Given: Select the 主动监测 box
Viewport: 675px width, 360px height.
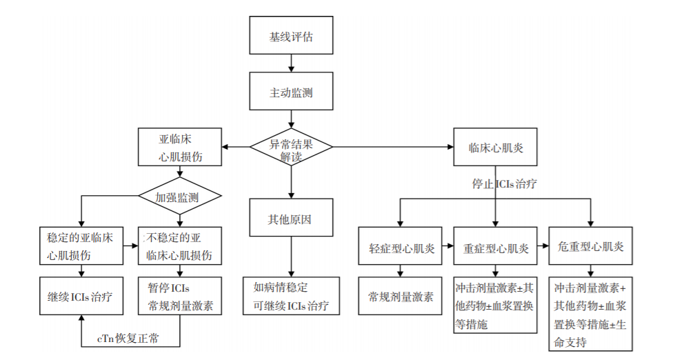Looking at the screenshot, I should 291,92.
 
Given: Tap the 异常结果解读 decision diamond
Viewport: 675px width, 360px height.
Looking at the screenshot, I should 291,146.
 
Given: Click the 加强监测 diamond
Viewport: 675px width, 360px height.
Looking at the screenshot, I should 179,197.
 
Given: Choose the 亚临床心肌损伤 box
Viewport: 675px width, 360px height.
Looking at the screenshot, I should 179,146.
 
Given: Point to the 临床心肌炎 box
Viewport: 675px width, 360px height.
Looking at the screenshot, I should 494,146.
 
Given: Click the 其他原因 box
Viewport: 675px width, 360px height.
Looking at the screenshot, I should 291,221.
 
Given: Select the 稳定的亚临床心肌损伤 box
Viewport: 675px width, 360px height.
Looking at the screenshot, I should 81,246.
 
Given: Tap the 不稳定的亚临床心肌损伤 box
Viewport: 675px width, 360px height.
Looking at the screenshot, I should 180,246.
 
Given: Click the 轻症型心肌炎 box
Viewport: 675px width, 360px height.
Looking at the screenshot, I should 401,247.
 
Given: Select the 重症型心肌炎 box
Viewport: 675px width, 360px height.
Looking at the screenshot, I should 495,247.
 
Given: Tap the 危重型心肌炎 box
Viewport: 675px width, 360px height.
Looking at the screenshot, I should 590,246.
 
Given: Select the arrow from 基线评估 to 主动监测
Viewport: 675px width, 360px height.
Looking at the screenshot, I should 291,63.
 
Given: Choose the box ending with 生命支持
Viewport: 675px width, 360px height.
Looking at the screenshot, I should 590,314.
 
